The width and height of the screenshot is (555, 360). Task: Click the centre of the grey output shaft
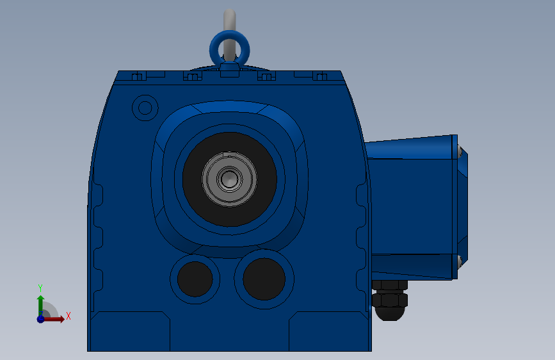pyautogui.click(x=229, y=179)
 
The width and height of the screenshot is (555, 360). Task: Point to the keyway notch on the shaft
pyautogui.click(x=230, y=154)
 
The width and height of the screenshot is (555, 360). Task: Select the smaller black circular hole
pyautogui.click(x=195, y=279)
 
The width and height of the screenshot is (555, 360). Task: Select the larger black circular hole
pyautogui.click(x=264, y=279)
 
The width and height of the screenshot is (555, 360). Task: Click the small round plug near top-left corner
pyautogui.click(x=145, y=108)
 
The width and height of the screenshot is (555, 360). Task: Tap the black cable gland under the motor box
pyautogui.click(x=389, y=300)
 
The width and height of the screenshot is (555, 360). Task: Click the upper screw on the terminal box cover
pyautogui.click(x=460, y=151)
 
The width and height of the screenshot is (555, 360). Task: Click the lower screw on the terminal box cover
pyautogui.click(x=460, y=261)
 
